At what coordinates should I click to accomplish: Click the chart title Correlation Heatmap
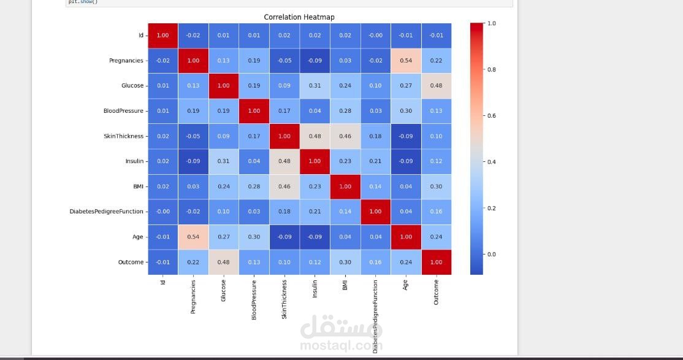[x=299, y=17]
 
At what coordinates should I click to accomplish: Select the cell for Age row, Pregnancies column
[x=193, y=237]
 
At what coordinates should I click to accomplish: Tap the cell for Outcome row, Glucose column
[x=223, y=262]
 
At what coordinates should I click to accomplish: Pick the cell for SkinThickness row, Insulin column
[x=315, y=136]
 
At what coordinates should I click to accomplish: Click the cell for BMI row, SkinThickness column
[x=284, y=186]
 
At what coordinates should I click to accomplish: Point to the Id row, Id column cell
[x=162, y=36]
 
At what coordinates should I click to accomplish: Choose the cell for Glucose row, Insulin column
[x=315, y=86]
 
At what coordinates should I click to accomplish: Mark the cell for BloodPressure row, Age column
[x=406, y=111]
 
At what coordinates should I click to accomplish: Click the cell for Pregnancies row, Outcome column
[x=436, y=61]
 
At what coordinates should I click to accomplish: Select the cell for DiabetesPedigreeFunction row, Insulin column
[x=315, y=212]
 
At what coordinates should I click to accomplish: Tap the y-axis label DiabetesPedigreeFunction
[x=106, y=212]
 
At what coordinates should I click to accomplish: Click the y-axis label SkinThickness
[x=123, y=136]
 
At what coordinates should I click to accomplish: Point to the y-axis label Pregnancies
[x=126, y=61]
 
